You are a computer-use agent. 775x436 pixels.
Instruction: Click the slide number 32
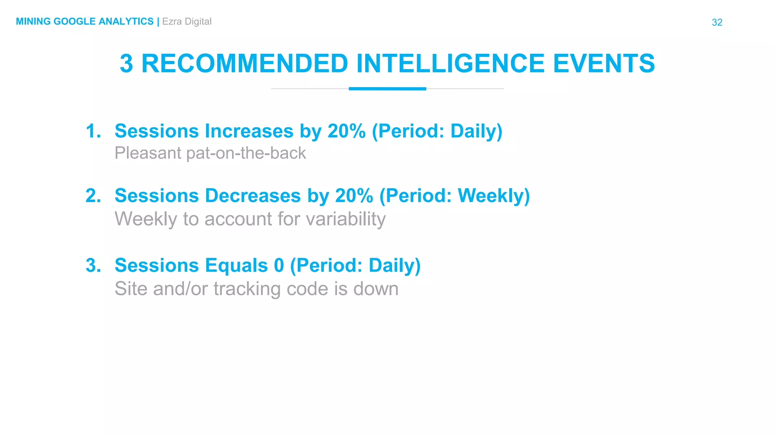(x=717, y=22)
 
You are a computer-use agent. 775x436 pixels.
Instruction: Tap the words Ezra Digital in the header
(x=187, y=22)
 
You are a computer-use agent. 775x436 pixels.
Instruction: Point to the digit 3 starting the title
(x=126, y=64)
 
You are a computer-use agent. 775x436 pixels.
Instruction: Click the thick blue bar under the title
(x=387, y=89)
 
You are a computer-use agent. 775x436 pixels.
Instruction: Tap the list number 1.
(x=93, y=131)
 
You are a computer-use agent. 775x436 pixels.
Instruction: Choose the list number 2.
(x=93, y=196)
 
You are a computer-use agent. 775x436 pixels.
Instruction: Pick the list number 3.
(x=93, y=265)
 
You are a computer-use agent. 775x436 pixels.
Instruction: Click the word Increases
(x=249, y=131)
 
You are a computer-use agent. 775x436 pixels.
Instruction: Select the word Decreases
(x=253, y=196)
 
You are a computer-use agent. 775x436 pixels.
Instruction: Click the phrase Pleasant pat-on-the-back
(x=210, y=153)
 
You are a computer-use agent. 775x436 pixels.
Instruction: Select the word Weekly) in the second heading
(x=493, y=196)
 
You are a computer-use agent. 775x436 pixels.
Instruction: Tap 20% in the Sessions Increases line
(x=346, y=131)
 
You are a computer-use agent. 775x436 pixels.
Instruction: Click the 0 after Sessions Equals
(x=279, y=265)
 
